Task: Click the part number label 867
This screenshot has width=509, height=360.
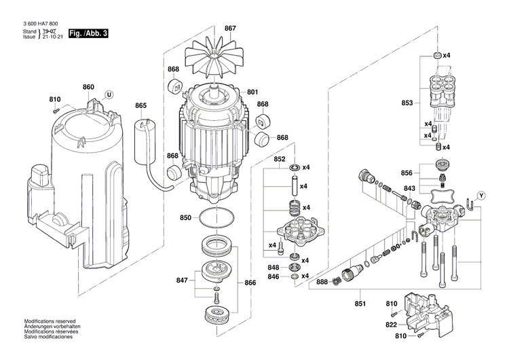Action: pyautogui.click(x=230, y=28)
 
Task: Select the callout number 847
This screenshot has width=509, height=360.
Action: pyautogui.click(x=182, y=280)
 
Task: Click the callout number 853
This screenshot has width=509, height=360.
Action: pyautogui.click(x=407, y=103)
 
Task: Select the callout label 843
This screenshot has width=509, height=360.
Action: pyautogui.click(x=409, y=189)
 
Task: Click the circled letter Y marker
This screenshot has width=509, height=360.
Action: pyautogui.click(x=482, y=196)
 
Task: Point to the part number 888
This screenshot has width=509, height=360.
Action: pyautogui.click(x=322, y=282)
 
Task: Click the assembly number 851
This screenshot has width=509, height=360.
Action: pyautogui.click(x=360, y=304)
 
